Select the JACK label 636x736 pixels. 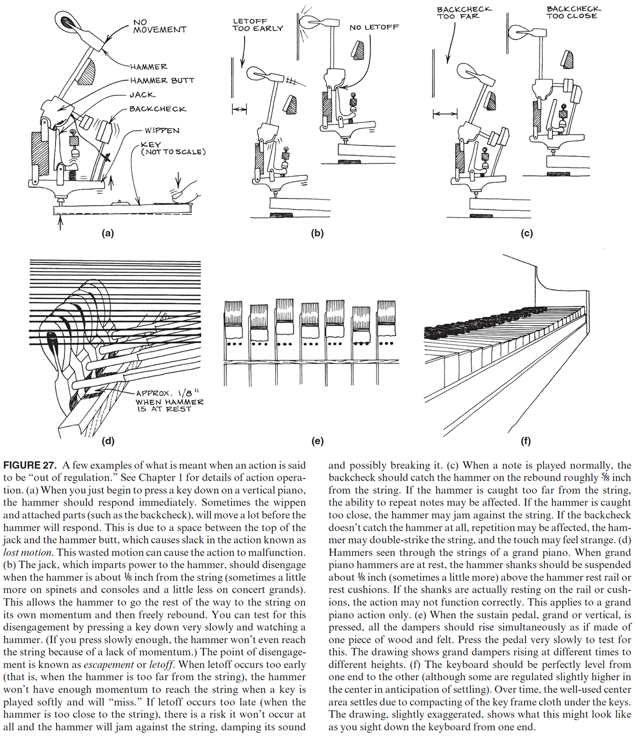pos(142,95)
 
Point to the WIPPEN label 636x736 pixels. pos(162,130)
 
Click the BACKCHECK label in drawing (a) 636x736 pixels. pos(157,109)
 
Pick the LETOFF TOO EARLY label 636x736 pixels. pos(258,25)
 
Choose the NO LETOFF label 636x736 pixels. pos(374,27)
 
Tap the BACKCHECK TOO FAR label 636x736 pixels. pos(464,13)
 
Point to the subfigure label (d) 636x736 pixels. pos(108,440)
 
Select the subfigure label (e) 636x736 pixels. pos(318,440)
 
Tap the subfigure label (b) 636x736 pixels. pos(317,233)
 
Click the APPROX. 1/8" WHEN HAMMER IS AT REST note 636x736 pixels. pos(169,401)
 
